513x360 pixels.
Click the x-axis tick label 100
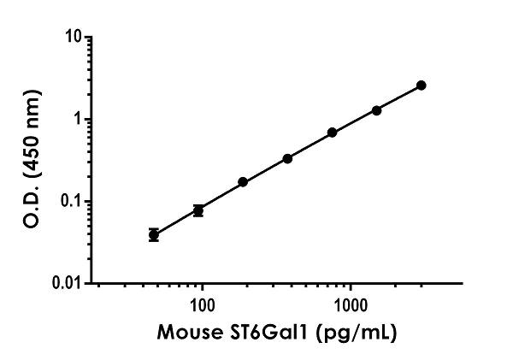click(202, 304)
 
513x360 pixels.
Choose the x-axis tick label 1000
click(350, 304)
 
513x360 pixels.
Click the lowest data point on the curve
click(154, 234)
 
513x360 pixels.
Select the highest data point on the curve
click(422, 86)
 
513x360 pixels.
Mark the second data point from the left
click(198, 210)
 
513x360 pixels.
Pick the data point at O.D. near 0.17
click(243, 182)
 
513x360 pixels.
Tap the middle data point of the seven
click(287, 158)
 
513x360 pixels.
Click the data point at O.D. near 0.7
click(332, 133)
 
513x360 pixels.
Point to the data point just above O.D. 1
click(376, 110)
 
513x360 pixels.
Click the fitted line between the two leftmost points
click(176, 221)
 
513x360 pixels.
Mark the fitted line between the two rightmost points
click(399, 97)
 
